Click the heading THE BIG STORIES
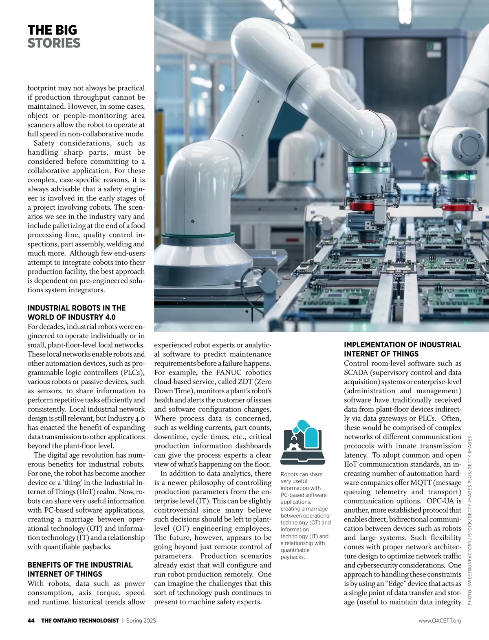54,37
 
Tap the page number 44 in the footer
31,620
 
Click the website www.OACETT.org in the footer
440,620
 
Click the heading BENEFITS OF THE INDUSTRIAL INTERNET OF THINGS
80,569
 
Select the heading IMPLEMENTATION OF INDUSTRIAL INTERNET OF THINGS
403,349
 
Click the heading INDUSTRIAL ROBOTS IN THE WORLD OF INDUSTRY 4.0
76,313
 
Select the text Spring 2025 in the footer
141,620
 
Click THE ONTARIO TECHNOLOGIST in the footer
80,620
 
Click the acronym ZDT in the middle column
230,382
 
